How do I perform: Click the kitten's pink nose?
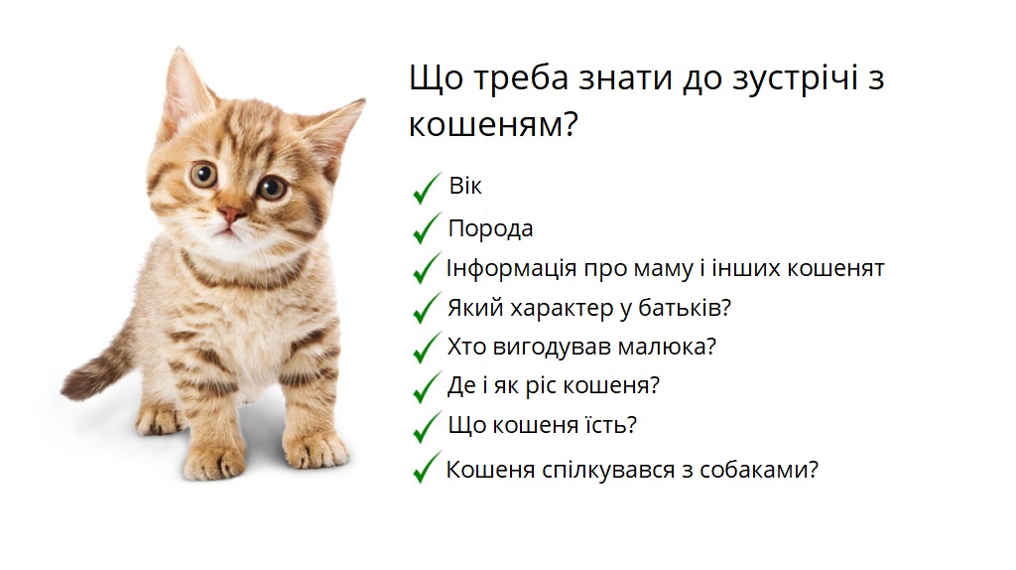pyautogui.click(x=231, y=214)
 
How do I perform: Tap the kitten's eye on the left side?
pyautogui.click(x=203, y=175)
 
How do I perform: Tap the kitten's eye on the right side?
pyautogui.click(x=271, y=186)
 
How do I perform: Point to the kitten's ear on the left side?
pyautogui.click(x=186, y=89)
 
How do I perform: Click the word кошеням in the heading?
pyautogui.click(x=492, y=127)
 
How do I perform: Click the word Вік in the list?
pyautogui.click(x=465, y=187)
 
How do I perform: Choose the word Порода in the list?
pyautogui.click(x=490, y=228)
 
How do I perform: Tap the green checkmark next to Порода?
pyautogui.click(x=427, y=227)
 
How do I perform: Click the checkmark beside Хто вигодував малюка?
pyautogui.click(x=427, y=347)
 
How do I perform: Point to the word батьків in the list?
pyautogui.click(x=691, y=308)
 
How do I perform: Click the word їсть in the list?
pyautogui.click(x=612, y=425)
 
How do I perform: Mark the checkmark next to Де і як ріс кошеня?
pyautogui.click(x=427, y=386)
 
